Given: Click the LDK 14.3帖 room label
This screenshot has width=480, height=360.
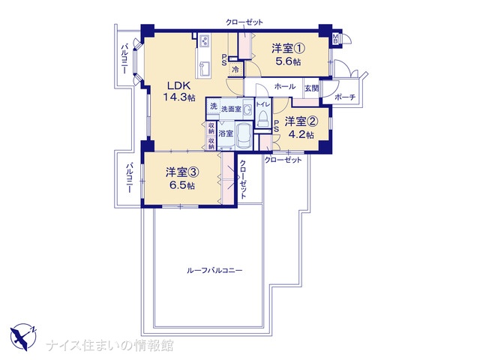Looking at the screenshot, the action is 178,91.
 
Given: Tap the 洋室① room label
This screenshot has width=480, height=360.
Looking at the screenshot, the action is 288,48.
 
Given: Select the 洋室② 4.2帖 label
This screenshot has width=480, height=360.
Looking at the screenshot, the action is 301,128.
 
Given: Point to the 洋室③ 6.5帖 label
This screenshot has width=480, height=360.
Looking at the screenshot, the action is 182,178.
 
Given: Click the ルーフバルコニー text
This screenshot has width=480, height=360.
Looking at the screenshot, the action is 214,271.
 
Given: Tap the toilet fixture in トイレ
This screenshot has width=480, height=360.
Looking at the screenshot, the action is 262,119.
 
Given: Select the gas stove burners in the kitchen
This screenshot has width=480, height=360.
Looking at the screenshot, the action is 204,41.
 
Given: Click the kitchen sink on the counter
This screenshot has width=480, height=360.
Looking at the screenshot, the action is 204,69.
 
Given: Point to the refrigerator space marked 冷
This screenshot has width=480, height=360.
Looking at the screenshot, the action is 235,69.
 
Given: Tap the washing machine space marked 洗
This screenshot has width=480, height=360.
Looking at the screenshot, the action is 213,106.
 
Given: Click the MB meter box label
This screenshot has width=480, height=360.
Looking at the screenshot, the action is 335,38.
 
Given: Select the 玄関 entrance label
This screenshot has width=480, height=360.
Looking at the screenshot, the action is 311,88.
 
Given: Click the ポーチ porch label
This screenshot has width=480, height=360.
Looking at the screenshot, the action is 345,97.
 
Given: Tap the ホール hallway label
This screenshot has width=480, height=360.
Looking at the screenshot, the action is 285,87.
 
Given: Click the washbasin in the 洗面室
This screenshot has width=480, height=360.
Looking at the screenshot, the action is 247,109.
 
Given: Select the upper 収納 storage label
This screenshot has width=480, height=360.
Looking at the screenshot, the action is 211,127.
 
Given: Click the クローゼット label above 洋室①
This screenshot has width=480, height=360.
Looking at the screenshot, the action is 244,22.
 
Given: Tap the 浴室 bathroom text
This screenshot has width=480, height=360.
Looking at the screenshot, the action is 226,133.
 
